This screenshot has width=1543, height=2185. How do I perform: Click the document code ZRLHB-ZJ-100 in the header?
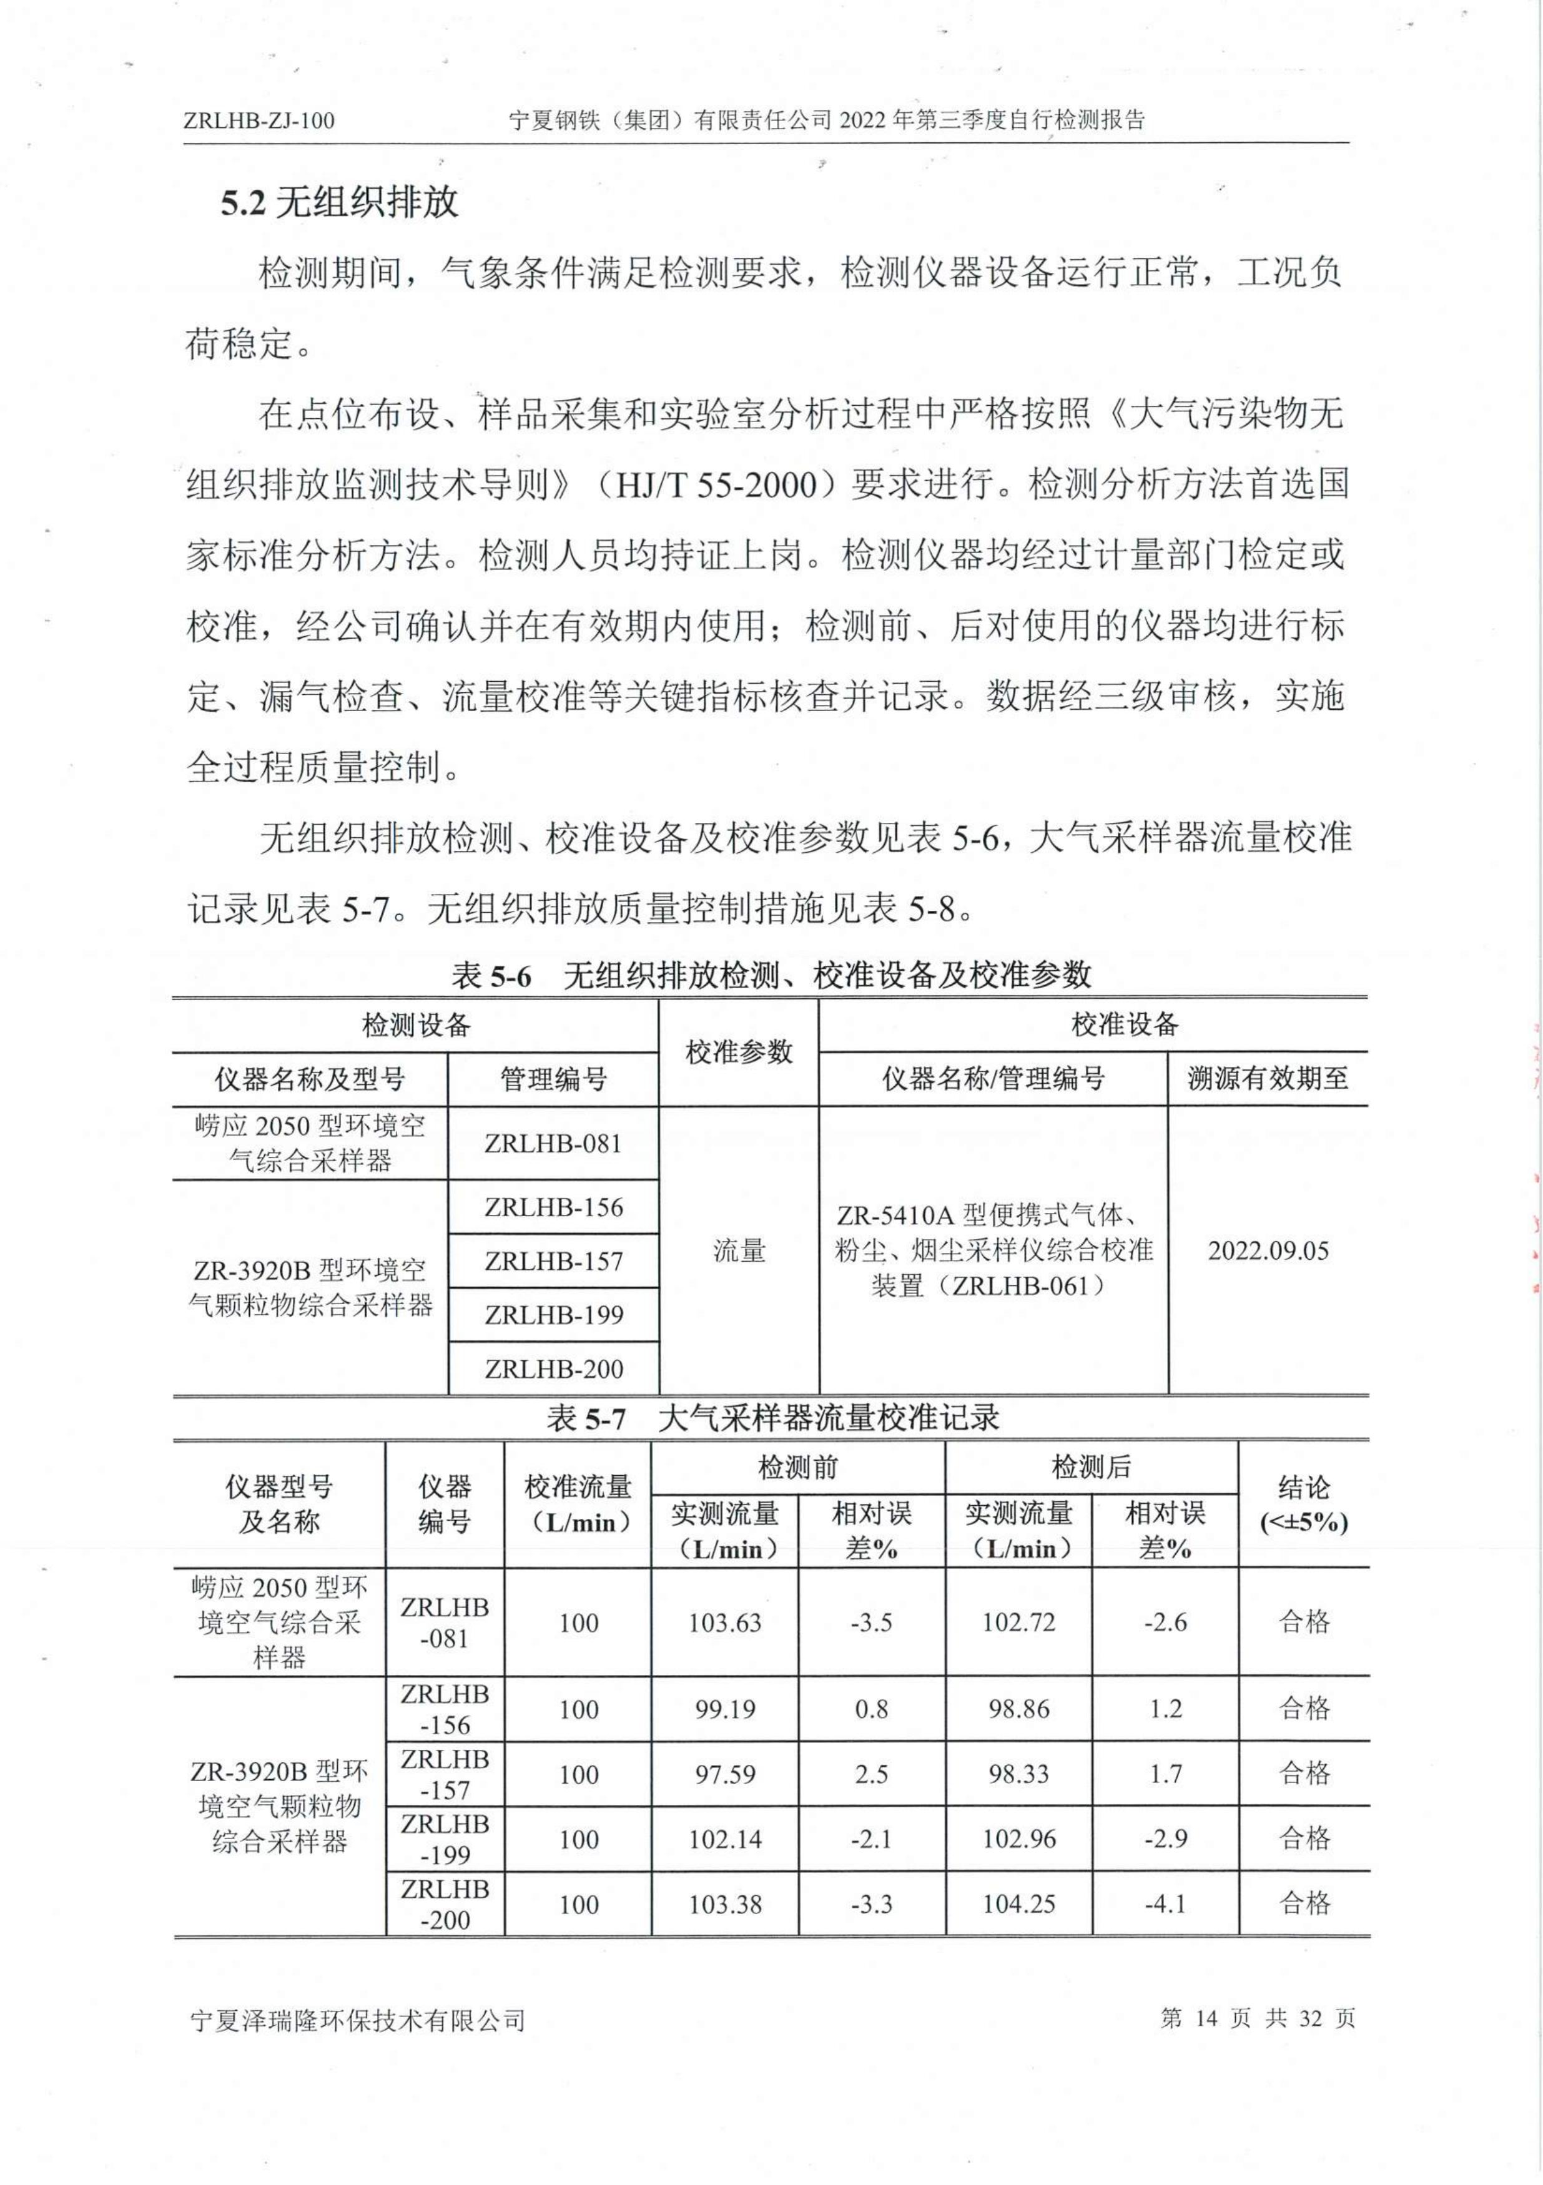(x=259, y=121)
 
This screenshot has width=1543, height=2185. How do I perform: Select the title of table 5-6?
(x=771, y=975)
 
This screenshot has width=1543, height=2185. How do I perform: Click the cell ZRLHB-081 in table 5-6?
(x=553, y=1143)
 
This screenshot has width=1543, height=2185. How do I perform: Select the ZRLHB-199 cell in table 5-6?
(x=553, y=1315)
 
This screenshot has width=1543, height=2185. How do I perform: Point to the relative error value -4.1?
(x=1165, y=1904)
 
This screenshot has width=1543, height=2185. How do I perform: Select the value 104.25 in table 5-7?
(x=1018, y=1904)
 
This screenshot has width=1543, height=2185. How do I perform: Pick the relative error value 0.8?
(x=871, y=1710)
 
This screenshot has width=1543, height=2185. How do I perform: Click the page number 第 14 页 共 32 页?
(x=1258, y=2018)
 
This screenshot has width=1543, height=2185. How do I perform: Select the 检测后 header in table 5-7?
(x=1091, y=1468)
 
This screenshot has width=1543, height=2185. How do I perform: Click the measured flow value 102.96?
(x=1018, y=1840)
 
